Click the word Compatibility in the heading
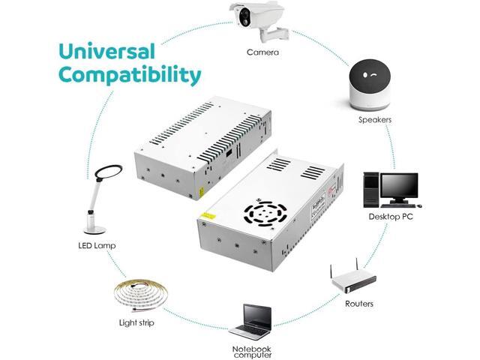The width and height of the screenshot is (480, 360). [130, 76]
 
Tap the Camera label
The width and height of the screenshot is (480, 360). [263, 52]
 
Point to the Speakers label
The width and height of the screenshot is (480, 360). [375, 119]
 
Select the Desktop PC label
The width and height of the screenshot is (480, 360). [391, 217]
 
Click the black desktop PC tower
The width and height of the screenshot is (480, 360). [371, 190]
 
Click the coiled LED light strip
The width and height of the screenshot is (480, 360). [139, 292]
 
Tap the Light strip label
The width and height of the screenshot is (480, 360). [139, 323]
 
